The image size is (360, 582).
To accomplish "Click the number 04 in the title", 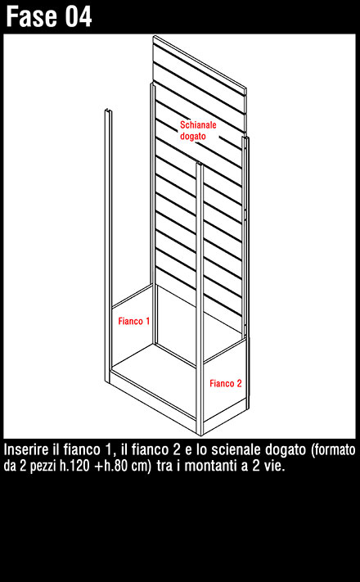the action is click(x=79, y=16).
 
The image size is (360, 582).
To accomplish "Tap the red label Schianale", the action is click(x=198, y=124).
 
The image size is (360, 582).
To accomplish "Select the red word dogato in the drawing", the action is click(x=192, y=136).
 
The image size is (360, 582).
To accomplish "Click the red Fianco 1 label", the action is click(x=134, y=321).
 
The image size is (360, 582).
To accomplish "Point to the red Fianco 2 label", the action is click(x=226, y=383).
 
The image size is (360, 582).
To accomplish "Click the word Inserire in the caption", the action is click(x=25, y=450).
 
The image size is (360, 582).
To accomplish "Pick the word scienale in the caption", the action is click(x=235, y=450).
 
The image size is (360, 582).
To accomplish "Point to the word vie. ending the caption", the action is click(x=275, y=466).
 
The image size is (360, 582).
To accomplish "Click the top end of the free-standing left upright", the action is click(x=107, y=111).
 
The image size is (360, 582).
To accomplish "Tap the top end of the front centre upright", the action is click(x=200, y=164).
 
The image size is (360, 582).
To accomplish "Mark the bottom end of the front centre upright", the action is click(x=200, y=434).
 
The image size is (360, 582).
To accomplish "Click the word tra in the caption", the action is click(x=164, y=466).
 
